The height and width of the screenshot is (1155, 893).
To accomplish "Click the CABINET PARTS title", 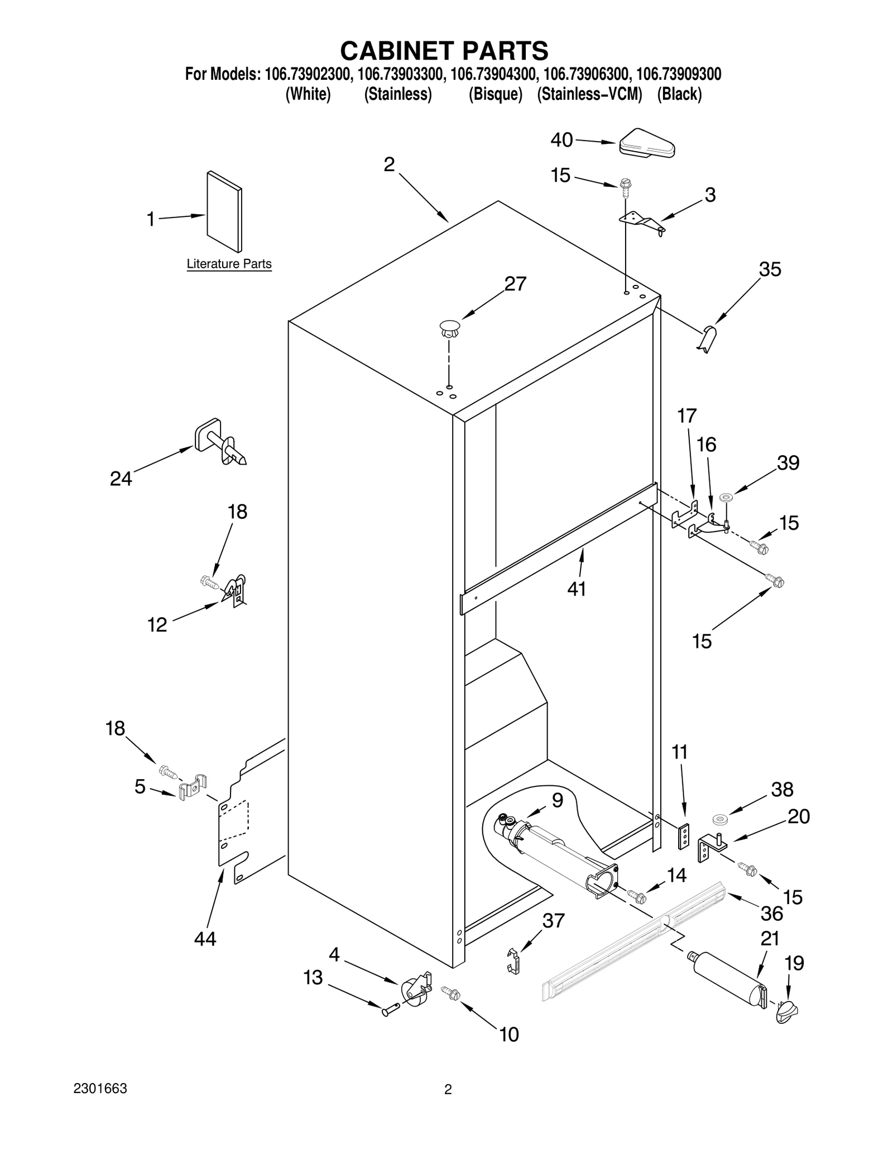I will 444,51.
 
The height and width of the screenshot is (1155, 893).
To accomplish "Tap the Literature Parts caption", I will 229,264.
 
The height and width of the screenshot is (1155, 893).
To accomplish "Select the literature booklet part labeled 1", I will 224,212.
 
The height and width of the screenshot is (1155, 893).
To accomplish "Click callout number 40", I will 561,140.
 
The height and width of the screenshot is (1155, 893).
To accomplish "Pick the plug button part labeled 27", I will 449,328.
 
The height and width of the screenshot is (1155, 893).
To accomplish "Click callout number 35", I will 770,270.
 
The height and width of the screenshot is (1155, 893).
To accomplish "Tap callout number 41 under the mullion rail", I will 577,589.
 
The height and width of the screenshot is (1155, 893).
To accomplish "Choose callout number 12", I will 157,625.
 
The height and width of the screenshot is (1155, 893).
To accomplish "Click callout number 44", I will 205,939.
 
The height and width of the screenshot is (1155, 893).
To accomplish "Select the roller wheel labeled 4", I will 415,991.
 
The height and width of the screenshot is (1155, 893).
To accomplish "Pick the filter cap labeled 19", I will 788,1010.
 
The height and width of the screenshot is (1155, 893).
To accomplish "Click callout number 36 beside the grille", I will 772,913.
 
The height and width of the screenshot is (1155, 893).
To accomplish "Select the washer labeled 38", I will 721,819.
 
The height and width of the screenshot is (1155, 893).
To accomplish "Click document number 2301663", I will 100,1089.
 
